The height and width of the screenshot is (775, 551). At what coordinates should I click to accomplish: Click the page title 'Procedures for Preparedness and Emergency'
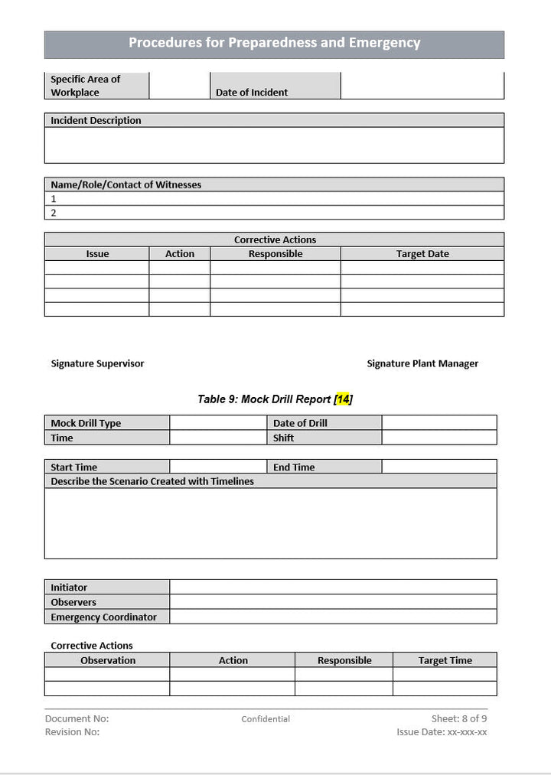click(274, 43)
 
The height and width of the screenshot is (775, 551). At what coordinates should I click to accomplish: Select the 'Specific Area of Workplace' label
click(85, 86)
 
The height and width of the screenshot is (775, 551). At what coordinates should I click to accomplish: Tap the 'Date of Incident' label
click(252, 93)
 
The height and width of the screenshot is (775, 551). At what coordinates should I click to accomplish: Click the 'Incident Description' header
click(96, 120)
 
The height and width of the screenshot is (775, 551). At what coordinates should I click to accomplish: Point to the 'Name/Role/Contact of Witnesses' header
click(126, 184)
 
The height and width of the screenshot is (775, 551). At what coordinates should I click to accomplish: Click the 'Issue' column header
click(97, 254)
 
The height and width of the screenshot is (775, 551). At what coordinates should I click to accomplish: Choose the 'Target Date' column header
click(422, 254)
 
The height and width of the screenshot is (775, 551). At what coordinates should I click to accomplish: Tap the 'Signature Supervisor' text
click(97, 363)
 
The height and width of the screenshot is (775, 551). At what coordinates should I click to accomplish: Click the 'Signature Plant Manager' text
click(422, 363)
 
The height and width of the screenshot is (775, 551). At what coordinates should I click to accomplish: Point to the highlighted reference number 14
click(344, 399)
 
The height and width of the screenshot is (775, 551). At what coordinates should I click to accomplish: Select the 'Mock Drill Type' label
click(86, 423)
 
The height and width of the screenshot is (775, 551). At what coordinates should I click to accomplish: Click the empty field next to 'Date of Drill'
click(439, 423)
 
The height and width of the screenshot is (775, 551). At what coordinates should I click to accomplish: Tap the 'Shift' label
click(283, 438)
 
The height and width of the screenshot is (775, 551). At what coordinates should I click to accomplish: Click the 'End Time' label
click(294, 467)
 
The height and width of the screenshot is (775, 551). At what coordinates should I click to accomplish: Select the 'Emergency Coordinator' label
click(103, 617)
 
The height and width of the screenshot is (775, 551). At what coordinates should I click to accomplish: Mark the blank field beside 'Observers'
click(333, 602)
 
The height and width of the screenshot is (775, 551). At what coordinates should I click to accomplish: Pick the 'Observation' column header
click(108, 660)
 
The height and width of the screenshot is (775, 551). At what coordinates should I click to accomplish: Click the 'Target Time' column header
click(445, 660)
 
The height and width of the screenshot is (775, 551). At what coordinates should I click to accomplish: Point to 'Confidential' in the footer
click(266, 719)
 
